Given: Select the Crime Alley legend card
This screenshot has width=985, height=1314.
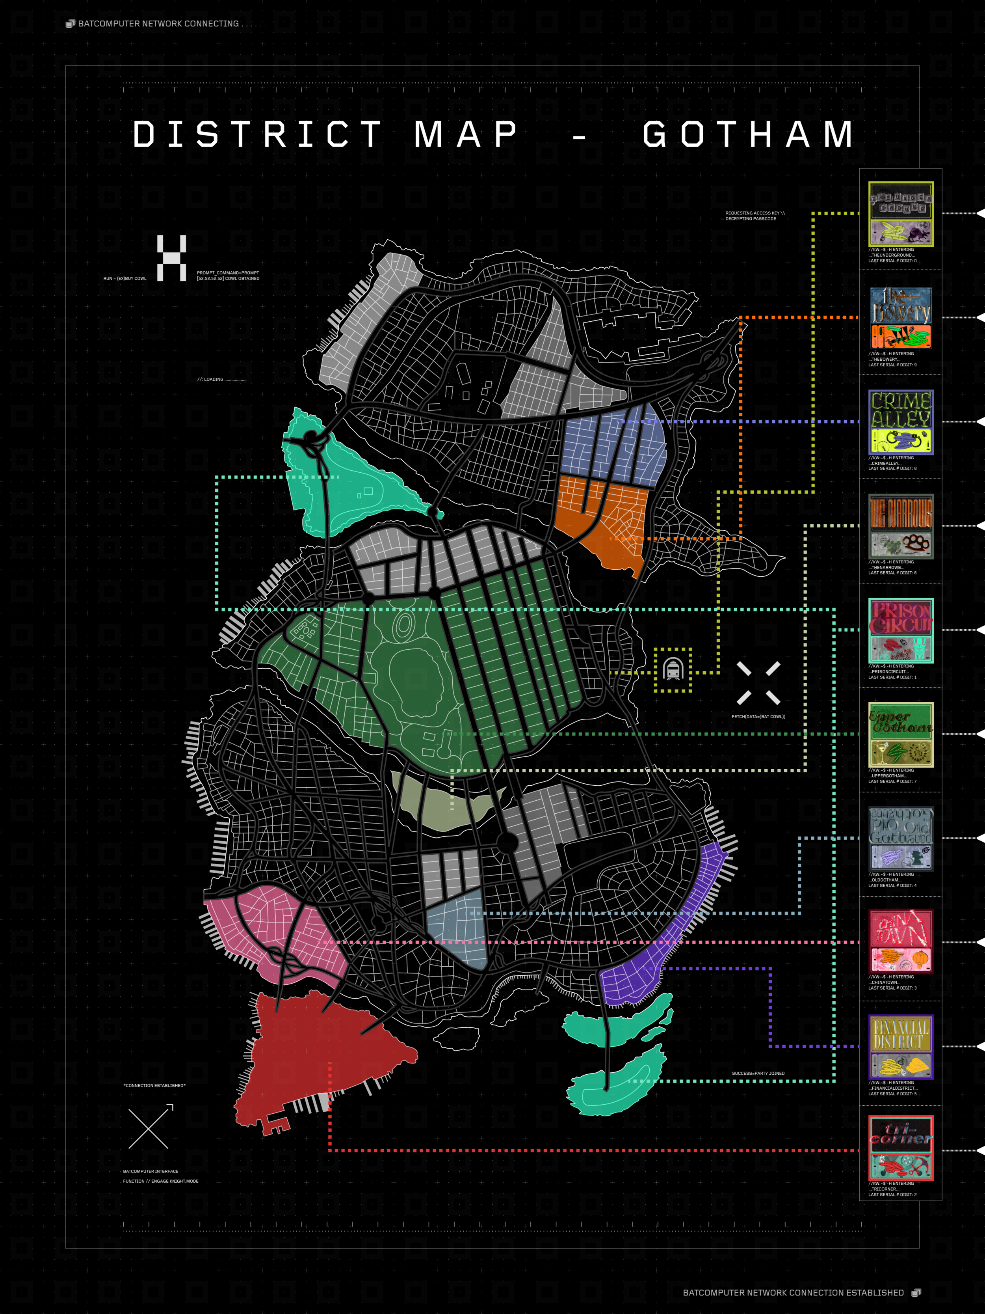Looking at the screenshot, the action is pyautogui.click(x=901, y=422).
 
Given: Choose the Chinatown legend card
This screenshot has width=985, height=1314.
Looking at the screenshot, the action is pyautogui.click(x=901, y=941).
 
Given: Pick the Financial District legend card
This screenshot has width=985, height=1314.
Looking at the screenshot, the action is pyautogui.click(x=901, y=1046).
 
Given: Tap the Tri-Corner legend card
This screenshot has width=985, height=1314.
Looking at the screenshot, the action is pyautogui.click(x=901, y=1150).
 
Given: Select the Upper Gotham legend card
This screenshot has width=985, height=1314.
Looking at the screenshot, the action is pyautogui.click(x=901, y=734).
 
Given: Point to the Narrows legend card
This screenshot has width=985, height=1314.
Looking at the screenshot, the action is pyautogui.click(x=901, y=526).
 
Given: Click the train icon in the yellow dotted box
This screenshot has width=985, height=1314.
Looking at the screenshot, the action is pyautogui.click(x=673, y=669).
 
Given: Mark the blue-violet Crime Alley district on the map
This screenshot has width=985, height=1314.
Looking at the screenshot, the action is pyautogui.click(x=611, y=445).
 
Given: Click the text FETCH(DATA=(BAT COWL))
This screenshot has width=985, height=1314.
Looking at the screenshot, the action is pyautogui.click(x=758, y=716).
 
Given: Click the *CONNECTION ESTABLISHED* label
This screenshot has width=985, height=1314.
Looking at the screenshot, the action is pyautogui.click(x=154, y=1085).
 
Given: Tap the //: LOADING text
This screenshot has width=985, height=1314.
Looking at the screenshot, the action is pyautogui.click(x=221, y=379).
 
